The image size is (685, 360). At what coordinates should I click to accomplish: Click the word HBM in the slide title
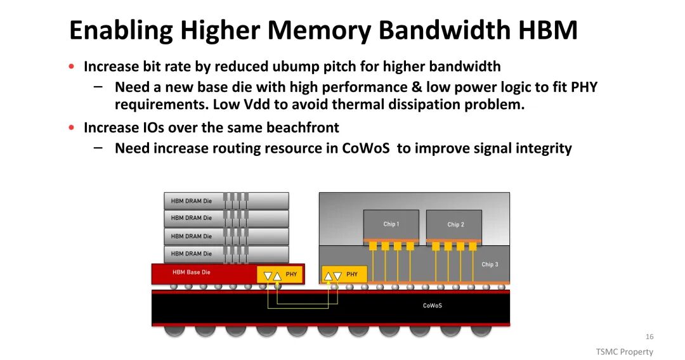(x=547, y=30)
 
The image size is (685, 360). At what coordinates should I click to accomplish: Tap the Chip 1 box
(x=391, y=224)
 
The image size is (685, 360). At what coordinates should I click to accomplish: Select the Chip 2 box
(x=455, y=224)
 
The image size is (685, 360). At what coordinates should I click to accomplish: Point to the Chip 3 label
(x=490, y=264)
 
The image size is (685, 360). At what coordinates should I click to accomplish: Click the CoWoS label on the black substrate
(x=432, y=305)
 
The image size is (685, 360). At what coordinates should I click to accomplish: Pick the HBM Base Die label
(x=191, y=273)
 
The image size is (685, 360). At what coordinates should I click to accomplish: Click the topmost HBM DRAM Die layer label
(x=191, y=201)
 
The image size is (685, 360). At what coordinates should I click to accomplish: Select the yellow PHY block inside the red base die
(x=280, y=275)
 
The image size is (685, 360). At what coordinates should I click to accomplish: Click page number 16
(x=649, y=337)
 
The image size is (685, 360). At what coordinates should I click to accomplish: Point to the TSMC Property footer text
(x=624, y=352)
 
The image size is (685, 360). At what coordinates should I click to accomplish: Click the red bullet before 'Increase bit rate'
(x=72, y=67)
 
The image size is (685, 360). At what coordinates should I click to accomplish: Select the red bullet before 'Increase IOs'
(x=72, y=127)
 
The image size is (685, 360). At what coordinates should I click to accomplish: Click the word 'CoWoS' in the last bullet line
(x=367, y=148)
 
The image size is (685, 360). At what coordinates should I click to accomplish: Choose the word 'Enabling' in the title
(x=121, y=30)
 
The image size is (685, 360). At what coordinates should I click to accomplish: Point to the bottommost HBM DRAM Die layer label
(x=191, y=254)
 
